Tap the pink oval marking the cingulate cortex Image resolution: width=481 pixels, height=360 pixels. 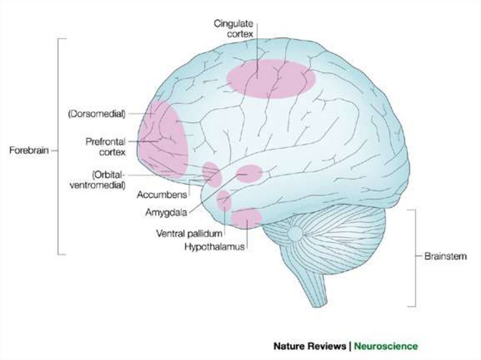point(271,78)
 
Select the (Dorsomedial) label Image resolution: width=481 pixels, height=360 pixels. point(96,114)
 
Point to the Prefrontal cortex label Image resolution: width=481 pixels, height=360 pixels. point(105,146)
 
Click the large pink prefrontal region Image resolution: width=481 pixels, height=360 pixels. point(163,138)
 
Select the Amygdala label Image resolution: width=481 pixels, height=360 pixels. point(166,212)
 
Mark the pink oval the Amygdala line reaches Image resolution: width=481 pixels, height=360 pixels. point(249,173)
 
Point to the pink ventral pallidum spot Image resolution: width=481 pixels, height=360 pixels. point(224,200)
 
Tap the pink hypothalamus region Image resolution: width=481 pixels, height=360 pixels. point(246,218)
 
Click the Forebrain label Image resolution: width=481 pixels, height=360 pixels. point(29,151)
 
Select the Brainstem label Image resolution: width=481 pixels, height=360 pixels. point(445,256)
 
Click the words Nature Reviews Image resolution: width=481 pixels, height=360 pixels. point(310,346)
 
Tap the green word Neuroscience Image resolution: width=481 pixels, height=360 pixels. point(385,346)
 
